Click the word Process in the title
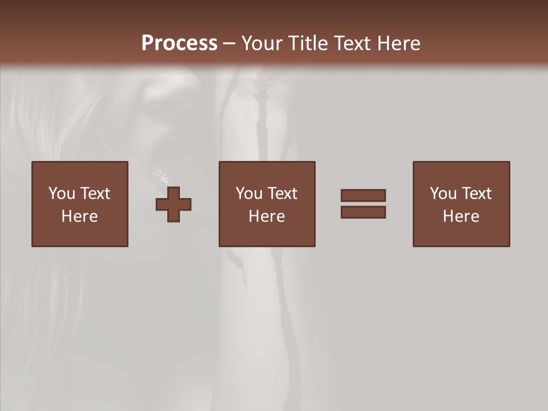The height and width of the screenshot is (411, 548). (x=179, y=43)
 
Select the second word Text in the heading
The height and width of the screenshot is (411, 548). (x=354, y=43)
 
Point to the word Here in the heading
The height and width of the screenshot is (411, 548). (x=399, y=43)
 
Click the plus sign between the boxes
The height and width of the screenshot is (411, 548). (x=174, y=204)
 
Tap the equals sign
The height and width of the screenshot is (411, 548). (x=363, y=204)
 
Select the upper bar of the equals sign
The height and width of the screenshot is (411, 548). (x=363, y=195)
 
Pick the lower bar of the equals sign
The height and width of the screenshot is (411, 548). (x=363, y=212)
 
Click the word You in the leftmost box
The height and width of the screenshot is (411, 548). (x=62, y=194)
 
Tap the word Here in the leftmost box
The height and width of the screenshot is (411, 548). (x=80, y=216)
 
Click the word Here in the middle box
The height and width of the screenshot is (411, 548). (x=267, y=216)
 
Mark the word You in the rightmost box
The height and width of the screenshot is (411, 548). (x=443, y=194)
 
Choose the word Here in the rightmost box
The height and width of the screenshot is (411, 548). (x=461, y=216)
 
